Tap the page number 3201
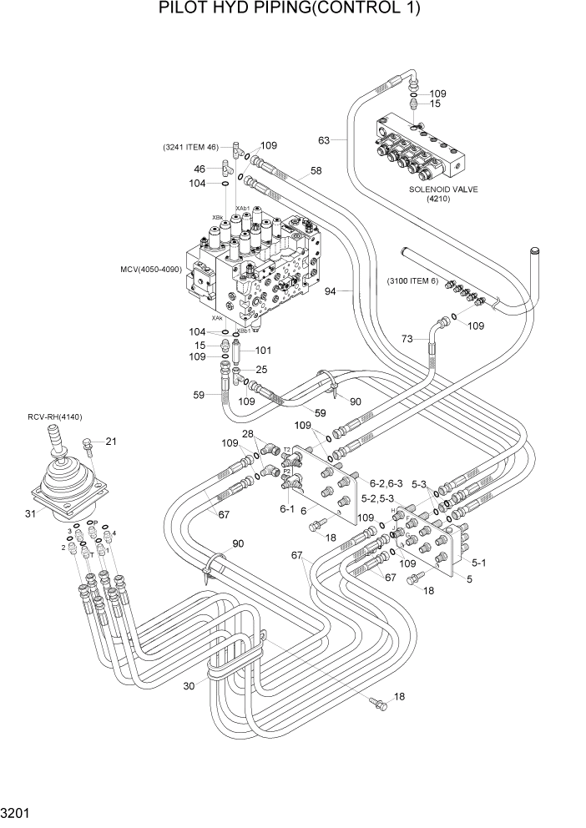(x=18, y=810)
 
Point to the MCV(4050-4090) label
(x=151, y=270)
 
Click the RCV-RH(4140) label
(x=55, y=417)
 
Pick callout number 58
(x=316, y=171)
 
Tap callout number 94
(x=330, y=291)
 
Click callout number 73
(x=407, y=339)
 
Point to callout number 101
(x=264, y=351)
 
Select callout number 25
(x=261, y=369)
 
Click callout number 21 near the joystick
(x=111, y=442)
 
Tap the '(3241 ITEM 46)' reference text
(x=190, y=148)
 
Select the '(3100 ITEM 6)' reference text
(x=412, y=280)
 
